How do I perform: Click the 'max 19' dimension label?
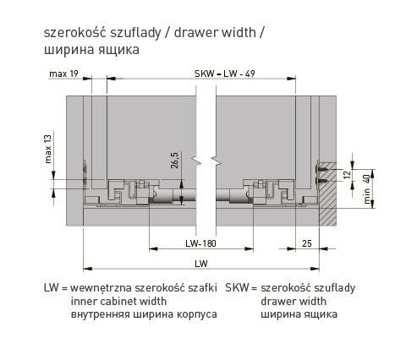point(63,74)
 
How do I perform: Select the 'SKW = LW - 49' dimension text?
point(225,74)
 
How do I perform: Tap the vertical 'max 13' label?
point(48,149)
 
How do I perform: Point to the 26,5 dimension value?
point(175,161)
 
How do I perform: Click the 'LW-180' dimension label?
point(200,243)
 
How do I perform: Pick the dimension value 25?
point(307,243)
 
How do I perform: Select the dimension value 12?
point(348,175)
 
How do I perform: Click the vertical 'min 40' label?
point(366,189)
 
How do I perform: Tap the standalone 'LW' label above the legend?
point(201,264)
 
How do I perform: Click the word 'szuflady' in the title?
point(135,33)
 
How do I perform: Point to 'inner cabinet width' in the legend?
point(118,301)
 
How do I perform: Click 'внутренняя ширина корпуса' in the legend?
point(144,314)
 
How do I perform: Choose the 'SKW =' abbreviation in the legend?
point(241,288)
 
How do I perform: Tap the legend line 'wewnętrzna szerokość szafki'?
point(144,288)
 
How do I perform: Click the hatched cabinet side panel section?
point(327,194)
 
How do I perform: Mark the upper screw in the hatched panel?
point(321,169)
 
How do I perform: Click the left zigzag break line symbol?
point(196,161)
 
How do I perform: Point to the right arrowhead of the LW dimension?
point(315,269)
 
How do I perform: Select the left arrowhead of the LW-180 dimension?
point(153,248)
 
